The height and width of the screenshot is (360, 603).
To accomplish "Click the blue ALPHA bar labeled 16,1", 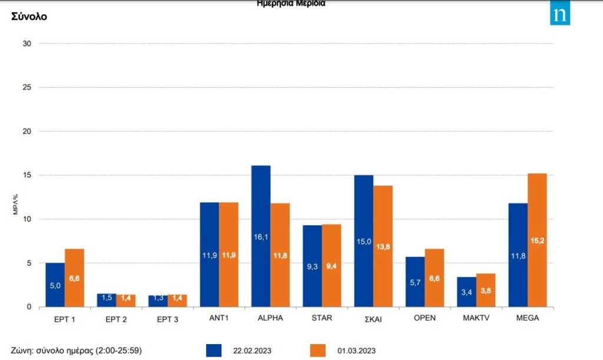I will click(x=261, y=236).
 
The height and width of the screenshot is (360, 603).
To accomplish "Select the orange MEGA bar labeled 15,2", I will click(x=537, y=240).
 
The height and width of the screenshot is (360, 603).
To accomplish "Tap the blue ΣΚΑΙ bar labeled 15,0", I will click(x=363, y=241).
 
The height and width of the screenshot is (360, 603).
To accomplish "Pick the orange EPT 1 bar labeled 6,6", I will click(x=74, y=278).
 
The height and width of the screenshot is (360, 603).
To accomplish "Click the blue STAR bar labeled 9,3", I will click(x=312, y=266).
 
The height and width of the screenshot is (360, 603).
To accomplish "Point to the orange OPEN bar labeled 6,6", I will click(x=435, y=278).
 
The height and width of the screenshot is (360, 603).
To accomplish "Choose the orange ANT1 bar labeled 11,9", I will click(x=228, y=255).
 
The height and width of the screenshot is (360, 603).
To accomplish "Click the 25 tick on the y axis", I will click(x=26, y=87).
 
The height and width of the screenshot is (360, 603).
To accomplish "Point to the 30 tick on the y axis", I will click(x=26, y=44).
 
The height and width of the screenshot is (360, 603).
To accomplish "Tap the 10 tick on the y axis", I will click(x=26, y=219).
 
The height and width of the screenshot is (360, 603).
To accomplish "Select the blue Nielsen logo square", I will click(x=560, y=15).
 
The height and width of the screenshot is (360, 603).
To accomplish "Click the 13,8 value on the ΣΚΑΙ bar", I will click(x=383, y=246).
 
